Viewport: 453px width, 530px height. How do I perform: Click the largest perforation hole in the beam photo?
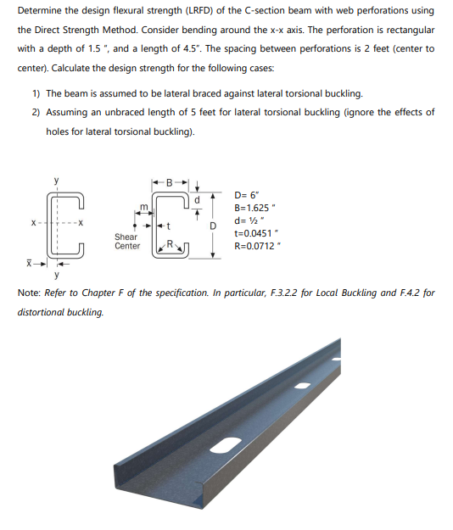[x=229, y=444]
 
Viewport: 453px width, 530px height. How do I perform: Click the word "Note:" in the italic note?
[x=30, y=293]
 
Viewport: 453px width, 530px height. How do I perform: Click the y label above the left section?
[x=57, y=180]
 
